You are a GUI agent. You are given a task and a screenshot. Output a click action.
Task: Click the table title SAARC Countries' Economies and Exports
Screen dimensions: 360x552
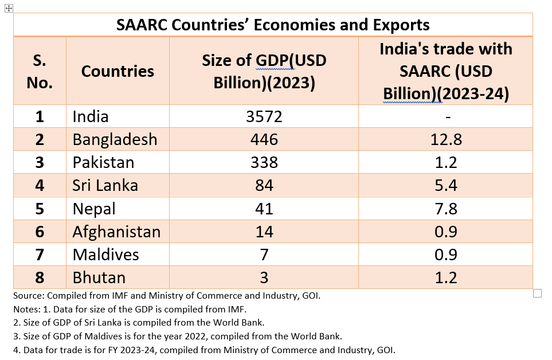pyautogui.click(x=273, y=25)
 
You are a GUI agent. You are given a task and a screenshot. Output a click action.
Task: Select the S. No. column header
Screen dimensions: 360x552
pyautogui.click(x=40, y=72)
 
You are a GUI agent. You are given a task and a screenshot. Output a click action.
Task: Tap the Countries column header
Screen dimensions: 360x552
pyautogui.click(x=118, y=71)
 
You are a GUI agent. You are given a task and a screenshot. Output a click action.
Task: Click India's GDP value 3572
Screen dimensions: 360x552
pyautogui.click(x=264, y=116)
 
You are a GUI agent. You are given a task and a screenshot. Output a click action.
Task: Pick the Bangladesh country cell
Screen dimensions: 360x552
pyautogui.click(x=115, y=139)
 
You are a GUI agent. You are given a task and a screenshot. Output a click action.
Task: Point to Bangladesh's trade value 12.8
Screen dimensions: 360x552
pyautogui.click(x=445, y=139)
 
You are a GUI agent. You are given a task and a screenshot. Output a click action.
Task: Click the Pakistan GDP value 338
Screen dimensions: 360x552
pyautogui.click(x=264, y=162)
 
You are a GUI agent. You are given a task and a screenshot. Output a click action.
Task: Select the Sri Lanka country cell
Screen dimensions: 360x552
pyautogui.click(x=105, y=185)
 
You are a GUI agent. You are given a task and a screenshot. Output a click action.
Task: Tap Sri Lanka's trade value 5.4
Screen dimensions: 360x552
pyautogui.click(x=445, y=185)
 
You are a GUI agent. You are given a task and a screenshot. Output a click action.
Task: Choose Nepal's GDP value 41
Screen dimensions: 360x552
pyautogui.click(x=264, y=208)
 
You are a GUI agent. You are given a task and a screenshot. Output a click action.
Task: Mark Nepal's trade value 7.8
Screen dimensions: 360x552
pyautogui.click(x=445, y=208)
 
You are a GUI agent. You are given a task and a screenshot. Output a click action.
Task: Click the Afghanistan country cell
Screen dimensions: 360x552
pyautogui.click(x=116, y=232)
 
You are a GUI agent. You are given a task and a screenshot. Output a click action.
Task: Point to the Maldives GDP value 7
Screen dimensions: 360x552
pyautogui.click(x=264, y=255)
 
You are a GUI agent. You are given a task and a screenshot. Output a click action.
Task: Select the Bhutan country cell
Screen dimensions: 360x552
pyautogui.click(x=99, y=277)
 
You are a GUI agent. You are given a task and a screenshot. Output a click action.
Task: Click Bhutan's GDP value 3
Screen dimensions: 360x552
pyautogui.click(x=264, y=277)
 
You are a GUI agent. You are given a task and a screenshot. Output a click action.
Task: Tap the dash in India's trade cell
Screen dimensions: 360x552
pyautogui.click(x=445, y=117)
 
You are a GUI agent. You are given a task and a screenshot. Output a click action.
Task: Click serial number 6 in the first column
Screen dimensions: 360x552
pyautogui.click(x=40, y=232)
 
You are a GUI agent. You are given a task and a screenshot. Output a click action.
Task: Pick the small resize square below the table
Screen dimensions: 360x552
pyautogui.click(x=537, y=294)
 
